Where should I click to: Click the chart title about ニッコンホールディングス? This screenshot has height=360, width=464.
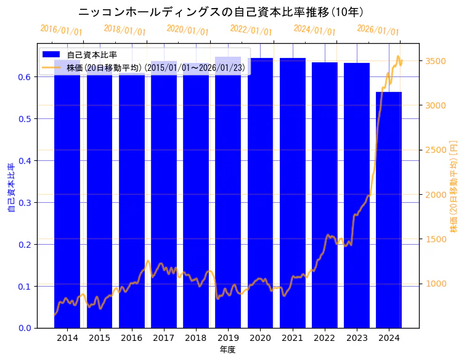(221, 12)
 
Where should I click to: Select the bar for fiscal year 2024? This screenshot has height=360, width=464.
(389, 210)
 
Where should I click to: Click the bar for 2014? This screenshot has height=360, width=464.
(67, 197)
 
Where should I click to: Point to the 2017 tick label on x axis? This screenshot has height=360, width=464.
(164, 338)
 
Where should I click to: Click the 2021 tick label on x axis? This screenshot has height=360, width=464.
(293, 338)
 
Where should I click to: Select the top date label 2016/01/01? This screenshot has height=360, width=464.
(61, 30)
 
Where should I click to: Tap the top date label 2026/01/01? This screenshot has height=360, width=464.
(378, 30)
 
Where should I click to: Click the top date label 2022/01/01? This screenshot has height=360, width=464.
(251, 30)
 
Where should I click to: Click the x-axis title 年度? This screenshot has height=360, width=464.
(228, 350)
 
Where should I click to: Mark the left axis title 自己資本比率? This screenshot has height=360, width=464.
(10, 188)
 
